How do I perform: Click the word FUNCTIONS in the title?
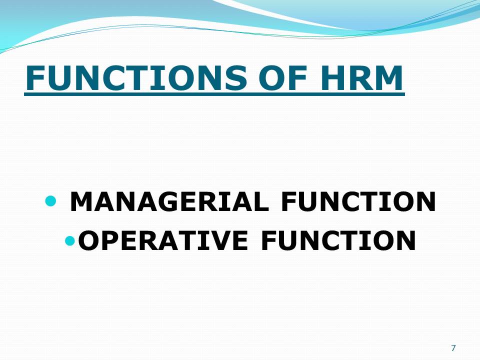point(135,77)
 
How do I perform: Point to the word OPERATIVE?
point(163,241)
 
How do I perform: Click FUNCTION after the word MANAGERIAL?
point(358,202)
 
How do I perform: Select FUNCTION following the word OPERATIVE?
point(338,241)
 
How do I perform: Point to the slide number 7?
point(453,348)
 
